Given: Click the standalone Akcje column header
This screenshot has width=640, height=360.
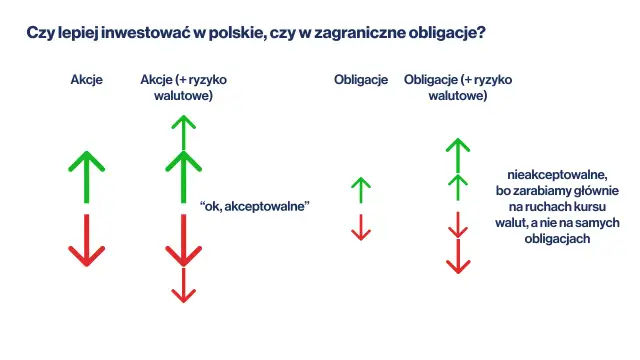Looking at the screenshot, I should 87,80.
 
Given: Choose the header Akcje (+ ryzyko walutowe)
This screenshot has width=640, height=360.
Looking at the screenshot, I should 182,88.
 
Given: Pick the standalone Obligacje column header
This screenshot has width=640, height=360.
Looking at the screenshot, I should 360,80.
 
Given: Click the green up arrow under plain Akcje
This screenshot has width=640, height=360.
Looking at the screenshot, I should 87,175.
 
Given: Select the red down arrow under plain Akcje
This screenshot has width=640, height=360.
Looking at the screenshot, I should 87,240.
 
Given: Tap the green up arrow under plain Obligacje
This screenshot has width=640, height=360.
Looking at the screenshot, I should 361,188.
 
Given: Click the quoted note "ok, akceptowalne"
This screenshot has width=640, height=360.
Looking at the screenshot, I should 256,205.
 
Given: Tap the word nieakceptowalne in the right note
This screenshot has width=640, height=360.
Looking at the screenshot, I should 554,173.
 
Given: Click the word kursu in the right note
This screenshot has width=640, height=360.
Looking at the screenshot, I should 594,206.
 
